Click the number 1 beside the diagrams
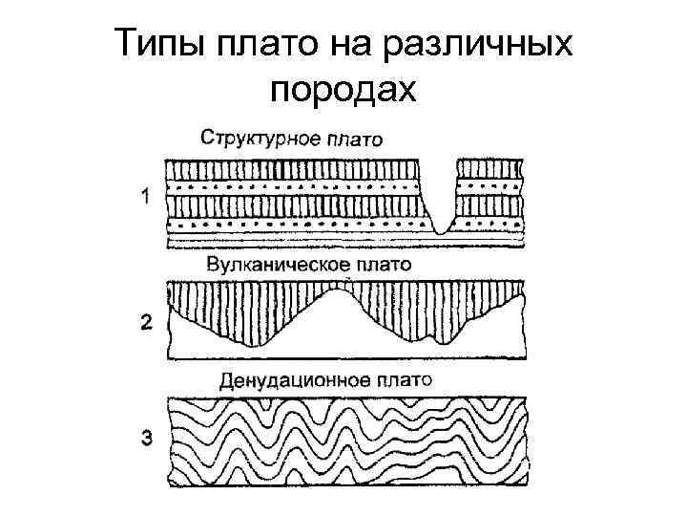145,198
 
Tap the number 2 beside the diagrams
146,322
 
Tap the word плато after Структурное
354,138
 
